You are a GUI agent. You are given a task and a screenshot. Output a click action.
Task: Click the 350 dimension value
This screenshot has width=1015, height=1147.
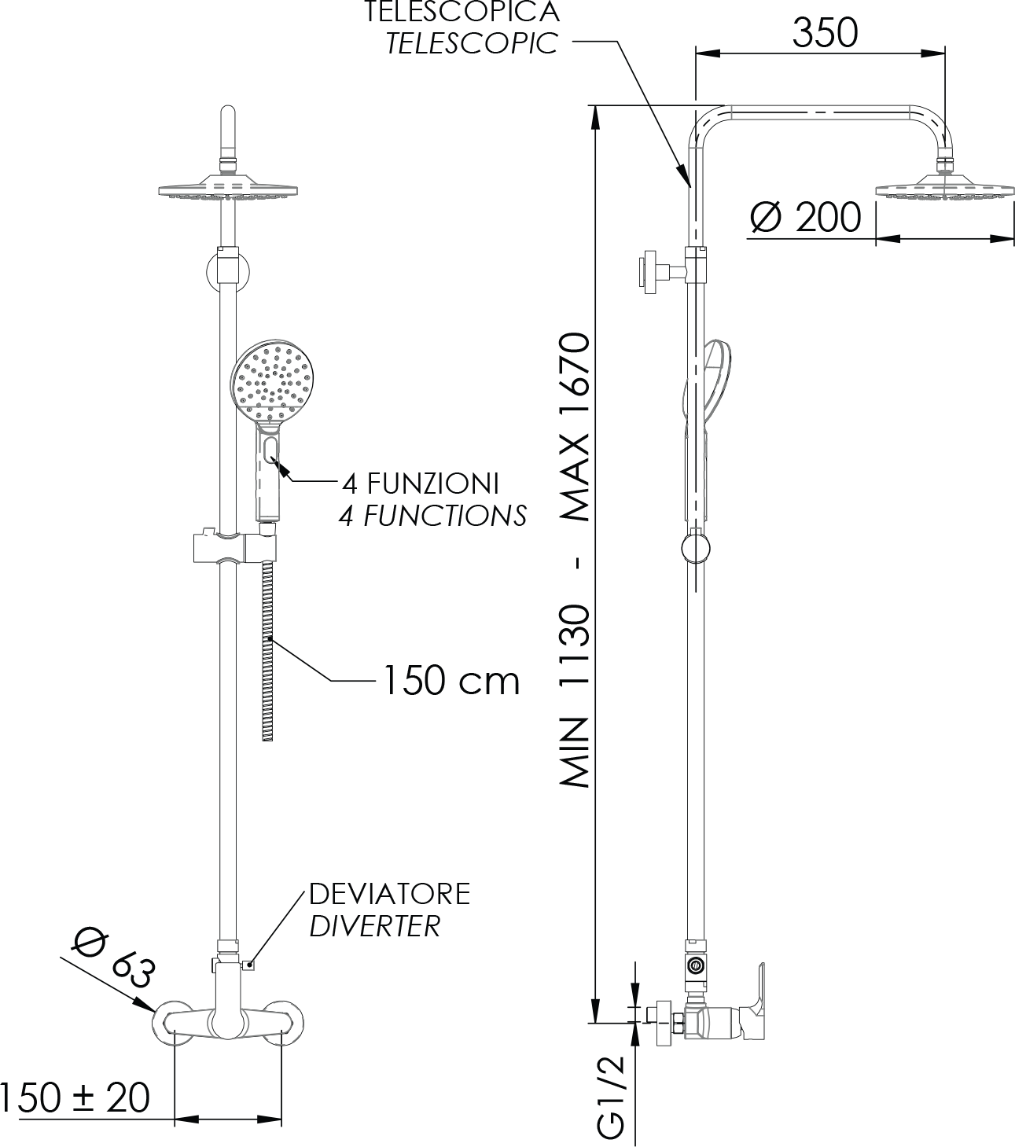(x=825, y=33)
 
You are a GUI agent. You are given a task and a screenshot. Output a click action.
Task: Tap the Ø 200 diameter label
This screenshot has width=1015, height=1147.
(x=806, y=217)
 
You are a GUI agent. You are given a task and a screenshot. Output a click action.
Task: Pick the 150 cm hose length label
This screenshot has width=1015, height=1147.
(x=451, y=681)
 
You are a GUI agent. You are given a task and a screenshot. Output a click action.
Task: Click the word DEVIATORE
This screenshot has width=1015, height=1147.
(x=390, y=894)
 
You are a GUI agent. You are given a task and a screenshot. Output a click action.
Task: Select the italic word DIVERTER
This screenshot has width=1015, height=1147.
(x=375, y=926)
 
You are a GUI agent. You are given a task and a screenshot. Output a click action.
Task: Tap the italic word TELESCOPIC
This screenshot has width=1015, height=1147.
(x=472, y=43)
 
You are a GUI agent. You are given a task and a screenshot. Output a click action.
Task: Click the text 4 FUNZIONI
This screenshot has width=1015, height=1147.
(x=421, y=483)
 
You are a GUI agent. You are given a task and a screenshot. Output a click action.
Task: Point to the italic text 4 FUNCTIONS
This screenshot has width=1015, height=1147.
(x=432, y=516)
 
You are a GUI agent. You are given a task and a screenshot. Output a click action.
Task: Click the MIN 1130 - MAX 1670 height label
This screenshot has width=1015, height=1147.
(x=575, y=560)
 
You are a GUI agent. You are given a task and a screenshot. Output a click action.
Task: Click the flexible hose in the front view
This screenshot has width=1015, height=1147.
(x=267, y=650)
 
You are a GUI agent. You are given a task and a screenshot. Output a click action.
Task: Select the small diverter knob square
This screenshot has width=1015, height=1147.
(x=248, y=965)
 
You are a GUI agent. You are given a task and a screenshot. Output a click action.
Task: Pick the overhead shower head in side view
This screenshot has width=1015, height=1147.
(x=945, y=187)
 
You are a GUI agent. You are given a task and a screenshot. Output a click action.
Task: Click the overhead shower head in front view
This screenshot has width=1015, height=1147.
(x=228, y=187)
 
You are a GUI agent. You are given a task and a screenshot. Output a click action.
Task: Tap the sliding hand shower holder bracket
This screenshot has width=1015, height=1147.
(x=236, y=546)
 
